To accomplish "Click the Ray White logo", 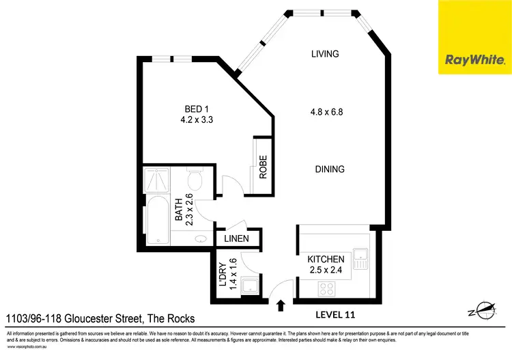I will pos(474,37).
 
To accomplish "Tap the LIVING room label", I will pos(325,53).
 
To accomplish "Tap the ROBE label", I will pos(263,167).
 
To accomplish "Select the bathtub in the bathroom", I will pos(156,220).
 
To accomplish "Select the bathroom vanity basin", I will pos(201,239).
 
